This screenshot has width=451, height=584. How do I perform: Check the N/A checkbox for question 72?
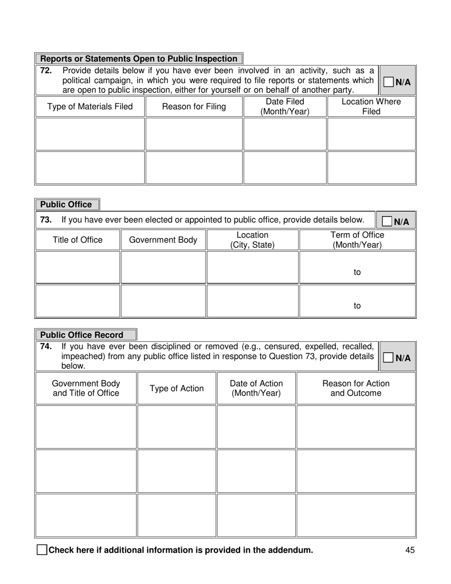[x=388, y=82]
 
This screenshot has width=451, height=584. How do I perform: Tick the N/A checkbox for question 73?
[x=387, y=221]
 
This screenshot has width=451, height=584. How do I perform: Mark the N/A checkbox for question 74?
[x=388, y=358]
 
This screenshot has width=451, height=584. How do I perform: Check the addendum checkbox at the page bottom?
[x=42, y=550]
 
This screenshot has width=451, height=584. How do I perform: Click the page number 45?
[x=410, y=550]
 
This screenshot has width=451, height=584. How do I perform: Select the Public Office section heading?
[x=66, y=205]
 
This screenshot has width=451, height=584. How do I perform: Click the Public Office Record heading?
[x=82, y=335]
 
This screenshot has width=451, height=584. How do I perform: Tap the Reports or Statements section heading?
[x=139, y=59]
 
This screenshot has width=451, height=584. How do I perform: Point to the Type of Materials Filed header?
[x=90, y=107]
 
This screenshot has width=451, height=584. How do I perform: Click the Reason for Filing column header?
[x=194, y=107]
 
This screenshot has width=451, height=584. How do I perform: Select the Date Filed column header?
[x=285, y=107]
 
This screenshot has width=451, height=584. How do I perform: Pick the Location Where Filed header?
[x=371, y=107]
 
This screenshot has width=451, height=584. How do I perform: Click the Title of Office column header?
[x=77, y=240]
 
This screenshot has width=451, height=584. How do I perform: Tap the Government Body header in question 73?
[x=163, y=240]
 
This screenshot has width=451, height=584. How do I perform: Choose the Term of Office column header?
[x=357, y=240]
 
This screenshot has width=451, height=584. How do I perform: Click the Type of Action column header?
[x=177, y=388]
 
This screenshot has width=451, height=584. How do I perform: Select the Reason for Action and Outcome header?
[x=356, y=388]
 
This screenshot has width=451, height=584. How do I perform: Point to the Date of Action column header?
[x=256, y=388]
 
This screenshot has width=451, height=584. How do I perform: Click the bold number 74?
[x=46, y=346]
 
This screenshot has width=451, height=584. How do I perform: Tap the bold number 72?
[x=46, y=71]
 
